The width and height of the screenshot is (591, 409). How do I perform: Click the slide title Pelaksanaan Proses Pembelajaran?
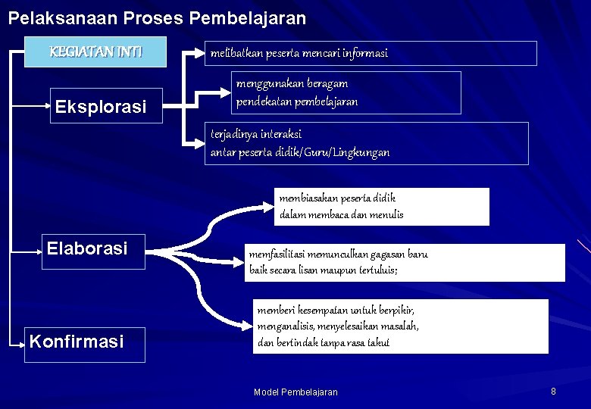[x=157, y=17]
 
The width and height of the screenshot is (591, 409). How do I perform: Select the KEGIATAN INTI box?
[x=95, y=52]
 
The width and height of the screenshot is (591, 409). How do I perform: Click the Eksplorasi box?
[x=101, y=107]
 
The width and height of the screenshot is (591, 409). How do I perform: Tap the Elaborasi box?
[x=87, y=248]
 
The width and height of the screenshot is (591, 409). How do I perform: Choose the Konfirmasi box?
[x=77, y=342]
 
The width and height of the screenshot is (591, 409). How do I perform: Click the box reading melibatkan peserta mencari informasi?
[x=372, y=53]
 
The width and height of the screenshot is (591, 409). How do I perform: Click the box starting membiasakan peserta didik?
[x=381, y=206]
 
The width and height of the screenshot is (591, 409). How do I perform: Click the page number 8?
[x=553, y=392]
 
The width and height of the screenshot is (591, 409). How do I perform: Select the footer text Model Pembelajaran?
[x=295, y=392]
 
